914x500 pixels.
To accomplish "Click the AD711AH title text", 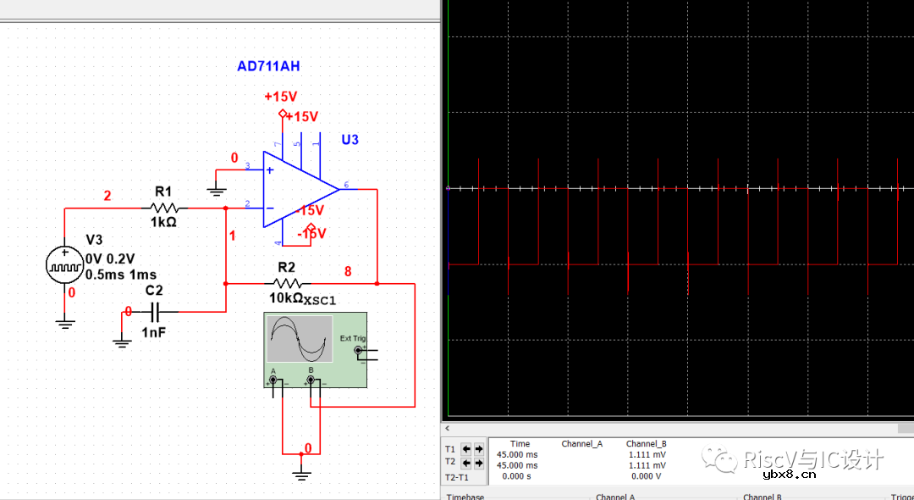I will tap(269, 66).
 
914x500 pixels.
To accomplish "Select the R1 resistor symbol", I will tap(164, 207).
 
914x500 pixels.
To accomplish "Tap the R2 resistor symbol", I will tap(287, 283).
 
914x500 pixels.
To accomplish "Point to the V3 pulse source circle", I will tap(65, 264).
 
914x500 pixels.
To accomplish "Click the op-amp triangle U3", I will tap(296, 189).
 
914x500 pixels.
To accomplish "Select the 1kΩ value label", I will tap(163, 222).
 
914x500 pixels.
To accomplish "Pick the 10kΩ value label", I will tap(285, 298).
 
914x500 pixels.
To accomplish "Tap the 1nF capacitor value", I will tap(154, 332).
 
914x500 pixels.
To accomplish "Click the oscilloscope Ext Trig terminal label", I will tap(353, 338).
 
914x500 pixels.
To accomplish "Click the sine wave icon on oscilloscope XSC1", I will tap(300, 338).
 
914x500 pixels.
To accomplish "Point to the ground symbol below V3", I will tap(65, 322).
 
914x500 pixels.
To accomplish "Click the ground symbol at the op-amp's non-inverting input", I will tap(217, 191).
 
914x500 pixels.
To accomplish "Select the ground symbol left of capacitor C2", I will tap(122, 342).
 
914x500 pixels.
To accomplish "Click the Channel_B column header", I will tap(646, 443).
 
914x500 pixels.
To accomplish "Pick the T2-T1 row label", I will tap(456, 477).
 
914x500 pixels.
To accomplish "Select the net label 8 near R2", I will tap(347, 271).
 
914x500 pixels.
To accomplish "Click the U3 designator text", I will tap(350, 139).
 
